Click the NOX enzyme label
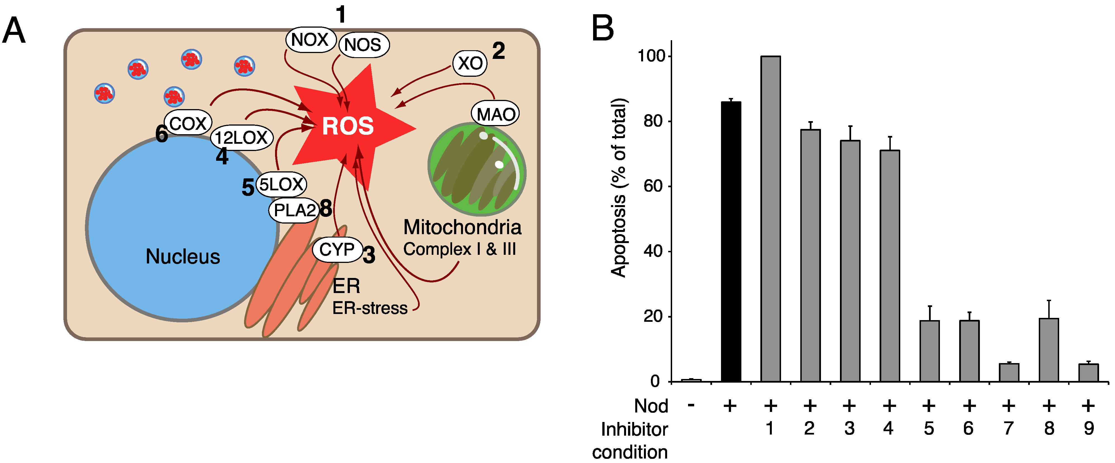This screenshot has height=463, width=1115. [x=310, y=40]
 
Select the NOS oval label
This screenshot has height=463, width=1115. [x=363, y=45]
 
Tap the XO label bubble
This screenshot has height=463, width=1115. [x=470, y=63]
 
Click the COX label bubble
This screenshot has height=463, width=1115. [x=188, y=123]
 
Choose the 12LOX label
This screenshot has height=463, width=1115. [x=242, y=138]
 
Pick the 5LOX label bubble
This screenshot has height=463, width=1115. [x=281, y=184]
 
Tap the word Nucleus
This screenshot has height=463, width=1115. [x=183, y=256]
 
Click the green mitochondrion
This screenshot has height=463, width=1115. [x=477, y=169]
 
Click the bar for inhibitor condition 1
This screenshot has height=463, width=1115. [x=770, y=219]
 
